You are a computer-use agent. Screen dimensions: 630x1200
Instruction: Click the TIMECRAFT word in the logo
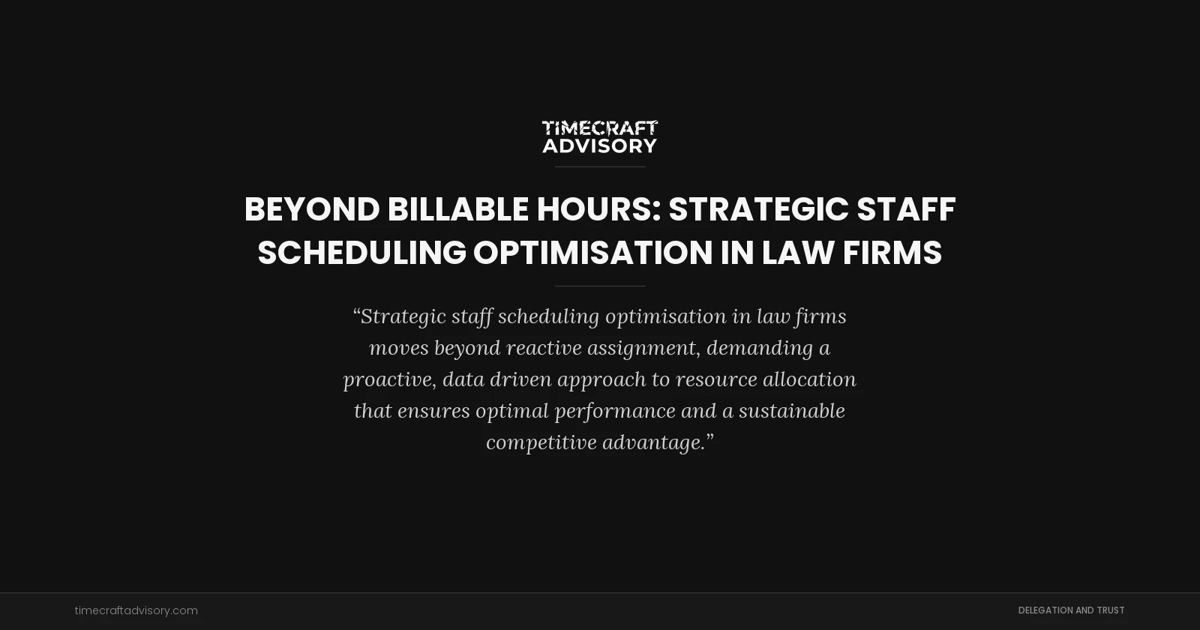pyautogui.click(x=600, y=128)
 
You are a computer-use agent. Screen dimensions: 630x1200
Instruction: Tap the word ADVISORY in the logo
pyautogui.click(x=600, y=145)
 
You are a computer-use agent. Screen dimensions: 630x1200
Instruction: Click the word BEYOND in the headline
pyautogui.click(x=311, y=209)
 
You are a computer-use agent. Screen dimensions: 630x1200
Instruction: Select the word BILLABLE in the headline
pyautogui.click(x=457, y=209)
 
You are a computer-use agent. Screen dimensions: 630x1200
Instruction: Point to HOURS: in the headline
pyautogui.click(x=598, y=209)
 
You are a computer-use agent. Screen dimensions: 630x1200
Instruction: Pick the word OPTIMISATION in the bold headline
pyautogui.click(x=592, y=253)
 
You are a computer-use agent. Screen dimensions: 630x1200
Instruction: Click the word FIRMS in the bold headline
pyautogui.click(x=892, y=253)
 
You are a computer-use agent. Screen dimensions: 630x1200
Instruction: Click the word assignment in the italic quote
pyautogui.click(x=641, y=348)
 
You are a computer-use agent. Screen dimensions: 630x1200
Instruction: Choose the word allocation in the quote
pyautogui.click(x=809, y=379)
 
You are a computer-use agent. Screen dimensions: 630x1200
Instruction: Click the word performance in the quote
pyautogui.click(x=614, y=411)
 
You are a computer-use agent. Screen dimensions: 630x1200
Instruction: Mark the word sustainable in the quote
pyautogui.click(x=791, y=411)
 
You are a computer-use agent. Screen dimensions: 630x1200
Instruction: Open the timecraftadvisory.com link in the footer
pyautogui.click(x=136, y=610)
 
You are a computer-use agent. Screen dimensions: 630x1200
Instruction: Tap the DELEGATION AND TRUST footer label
pyautogui.click(x=1071, y=610)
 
